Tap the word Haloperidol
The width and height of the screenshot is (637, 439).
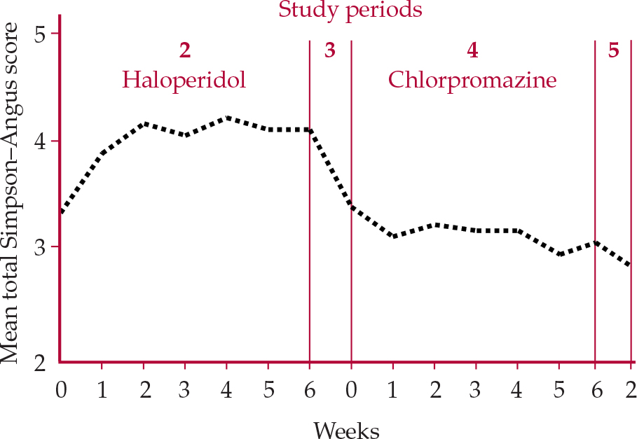pyautogui.click(x=184, y=80)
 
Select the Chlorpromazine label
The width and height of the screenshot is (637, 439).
pyautogui.click(x=472, y=80)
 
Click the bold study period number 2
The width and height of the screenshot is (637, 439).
pyautogui.click(x=184, y=50)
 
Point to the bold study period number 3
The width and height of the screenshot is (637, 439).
pyautogui.click(x=330, y=50)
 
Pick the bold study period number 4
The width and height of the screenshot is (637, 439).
pyautogui.click(x=472, y=50)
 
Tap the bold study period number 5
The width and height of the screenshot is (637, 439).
pyautogui.click(x=614, y=50)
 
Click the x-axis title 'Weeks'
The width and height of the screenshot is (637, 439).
pyautogui.click(x=346, y=429)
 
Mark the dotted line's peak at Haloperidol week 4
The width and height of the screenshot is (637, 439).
pyautogui.click(x=226, y=118)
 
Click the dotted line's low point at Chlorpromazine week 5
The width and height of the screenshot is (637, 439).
pyautogui.click(x=559, y=254)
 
